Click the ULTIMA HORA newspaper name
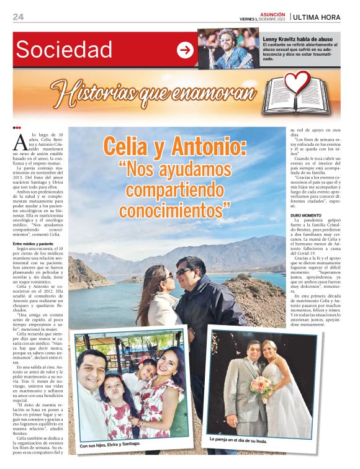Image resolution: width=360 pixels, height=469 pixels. pyautogui.click(x=318, y=17)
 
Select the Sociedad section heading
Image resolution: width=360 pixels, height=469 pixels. pyautogui.click(x=64, y=50)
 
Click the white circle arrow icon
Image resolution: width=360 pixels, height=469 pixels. pyautogui.click(x=185, y=50)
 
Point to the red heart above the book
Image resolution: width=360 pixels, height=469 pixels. pyautogui.click(x=300, y=81)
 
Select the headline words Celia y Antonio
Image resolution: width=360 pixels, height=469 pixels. pyautogui.click(x=174, y=147)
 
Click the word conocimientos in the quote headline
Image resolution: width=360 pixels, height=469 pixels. pyautogui.click(x=174, y=211)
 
